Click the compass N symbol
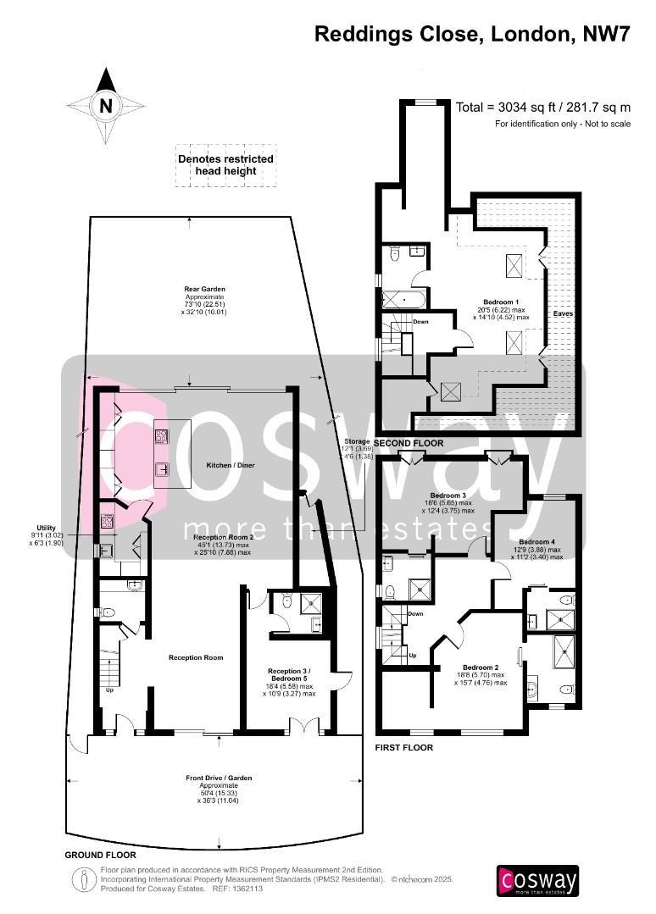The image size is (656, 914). [x=106, y=106]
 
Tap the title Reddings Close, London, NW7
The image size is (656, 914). [x=473, y=34]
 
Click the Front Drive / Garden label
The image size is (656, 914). [x=219, y=778]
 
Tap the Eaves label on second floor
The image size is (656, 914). [x=563, y=313]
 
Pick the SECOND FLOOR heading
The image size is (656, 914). [x=409, y=444]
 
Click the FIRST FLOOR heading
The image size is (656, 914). [x=403, y=748]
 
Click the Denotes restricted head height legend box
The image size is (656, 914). [x=225, y=165]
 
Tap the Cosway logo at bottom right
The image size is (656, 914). [x=537, y=880]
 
